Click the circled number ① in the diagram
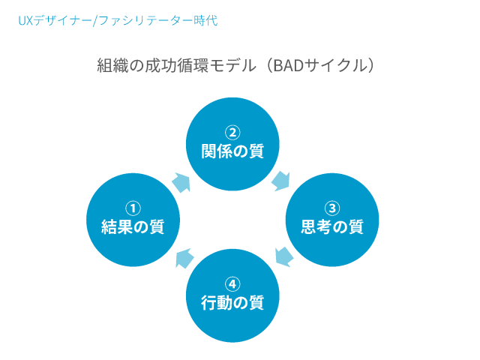[x=132, y=208]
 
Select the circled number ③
[x=332, y=208]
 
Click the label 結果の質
[x=132, y=226]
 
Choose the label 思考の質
[x=332, y=226]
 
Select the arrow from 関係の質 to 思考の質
[x=282, y=180]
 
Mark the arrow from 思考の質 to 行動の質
[x=283, y=256]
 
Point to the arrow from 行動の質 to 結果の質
[x=184, y=259]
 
